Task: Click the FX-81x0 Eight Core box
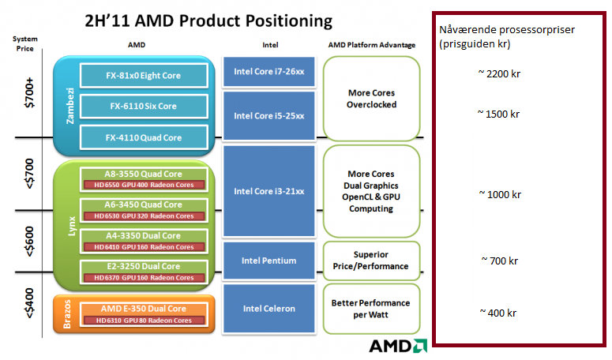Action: [144, 75]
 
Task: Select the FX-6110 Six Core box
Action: [144, 106]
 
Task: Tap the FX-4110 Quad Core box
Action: [144, 137]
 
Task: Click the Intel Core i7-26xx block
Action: [269, 72]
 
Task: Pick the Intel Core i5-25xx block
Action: [269, 116]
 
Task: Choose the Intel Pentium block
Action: [269, 261]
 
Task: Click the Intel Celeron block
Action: [269, 309]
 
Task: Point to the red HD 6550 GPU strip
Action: [144, 185]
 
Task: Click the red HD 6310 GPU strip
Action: [144, 321]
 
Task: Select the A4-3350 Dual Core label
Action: [143, 235]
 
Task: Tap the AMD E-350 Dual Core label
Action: [143, 309]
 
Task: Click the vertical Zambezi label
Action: [70, 106]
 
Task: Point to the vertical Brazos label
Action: [67, 314]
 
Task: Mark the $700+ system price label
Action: [29, 93]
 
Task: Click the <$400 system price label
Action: [29, 303]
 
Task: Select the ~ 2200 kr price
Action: [499, 73]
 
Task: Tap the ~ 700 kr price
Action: [500, 261]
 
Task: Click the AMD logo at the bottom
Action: [398, 346]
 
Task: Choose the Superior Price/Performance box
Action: [371, 261]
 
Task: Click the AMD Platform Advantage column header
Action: [372, 45]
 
